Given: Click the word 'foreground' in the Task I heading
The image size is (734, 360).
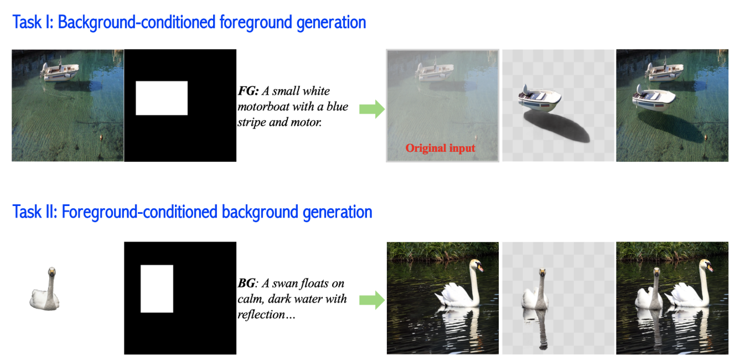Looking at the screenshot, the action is tap(256, 23).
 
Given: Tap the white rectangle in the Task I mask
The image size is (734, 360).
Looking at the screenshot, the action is tap(162, 98).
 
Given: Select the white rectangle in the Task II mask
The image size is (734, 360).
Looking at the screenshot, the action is tap(157, 289).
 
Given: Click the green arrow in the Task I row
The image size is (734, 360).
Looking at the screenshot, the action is tap(372, 109).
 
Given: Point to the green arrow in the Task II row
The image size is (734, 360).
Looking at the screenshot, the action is tap(372, 300).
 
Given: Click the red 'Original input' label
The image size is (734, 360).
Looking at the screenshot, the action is tap(440, 148).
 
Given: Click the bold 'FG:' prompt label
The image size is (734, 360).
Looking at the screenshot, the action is tap(248, 91).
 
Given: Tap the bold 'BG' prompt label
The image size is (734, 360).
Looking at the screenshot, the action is tap(246, 283).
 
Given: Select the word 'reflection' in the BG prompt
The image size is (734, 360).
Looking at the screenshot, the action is tap(261, 315).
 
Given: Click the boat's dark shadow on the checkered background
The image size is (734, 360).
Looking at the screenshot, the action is tap(557, 126).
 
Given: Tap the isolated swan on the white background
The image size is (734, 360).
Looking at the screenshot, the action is tap(45, 289).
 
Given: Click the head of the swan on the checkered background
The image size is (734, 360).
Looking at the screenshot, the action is tap(542, 272).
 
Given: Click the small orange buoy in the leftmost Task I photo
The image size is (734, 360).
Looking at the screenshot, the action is tap(101, 137).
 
